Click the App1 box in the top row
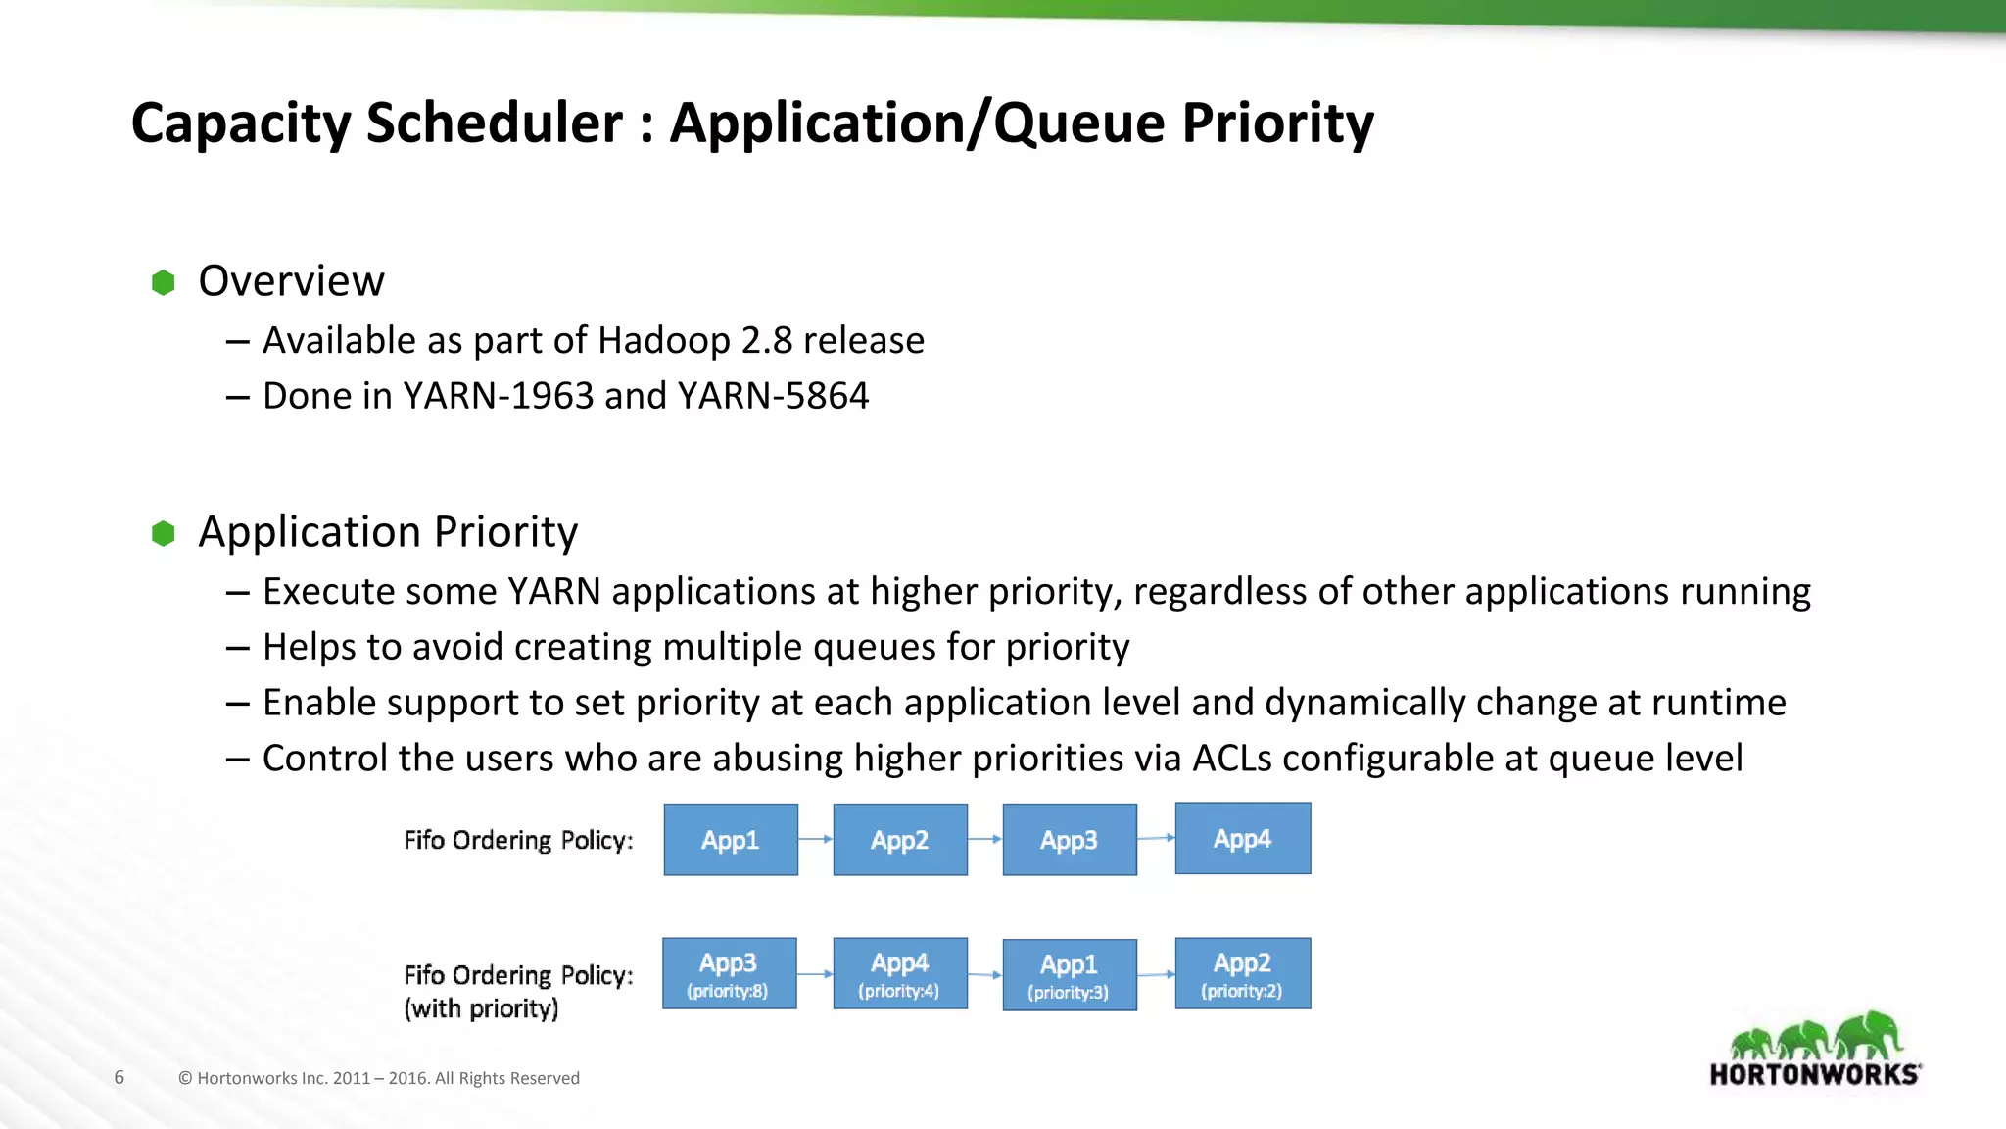731,840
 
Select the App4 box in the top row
1242,839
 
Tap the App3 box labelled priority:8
729,974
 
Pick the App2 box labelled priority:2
1242,974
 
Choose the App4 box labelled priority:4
899,974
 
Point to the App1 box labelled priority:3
1069,975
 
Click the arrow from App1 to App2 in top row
815,839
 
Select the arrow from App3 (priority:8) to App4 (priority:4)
815,974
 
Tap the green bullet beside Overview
164,283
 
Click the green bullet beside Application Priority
164,534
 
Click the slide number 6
119,1078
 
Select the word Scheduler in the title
494,123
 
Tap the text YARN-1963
499,396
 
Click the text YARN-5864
773,396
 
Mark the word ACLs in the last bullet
1231,759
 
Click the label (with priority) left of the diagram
481,1008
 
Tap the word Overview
291,281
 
